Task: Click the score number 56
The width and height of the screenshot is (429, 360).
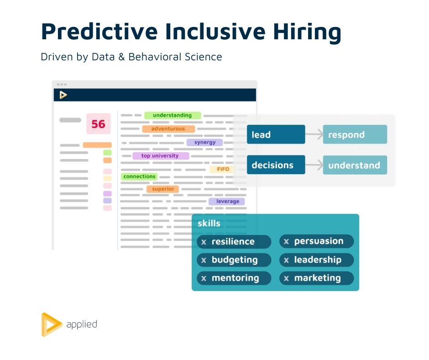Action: [98, 124]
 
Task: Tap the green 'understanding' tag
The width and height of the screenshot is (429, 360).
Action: [173, 115]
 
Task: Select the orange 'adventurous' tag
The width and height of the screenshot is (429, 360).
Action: [168, 129]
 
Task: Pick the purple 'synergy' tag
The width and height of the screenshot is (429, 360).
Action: [204, 142]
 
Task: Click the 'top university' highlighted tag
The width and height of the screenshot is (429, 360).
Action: [161, 156]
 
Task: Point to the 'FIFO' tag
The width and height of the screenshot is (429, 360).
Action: [223, 169]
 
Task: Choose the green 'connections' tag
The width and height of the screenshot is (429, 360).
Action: [139, 176]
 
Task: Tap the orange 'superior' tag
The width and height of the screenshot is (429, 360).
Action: [163, 189]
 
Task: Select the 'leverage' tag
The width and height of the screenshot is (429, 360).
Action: [227, 201]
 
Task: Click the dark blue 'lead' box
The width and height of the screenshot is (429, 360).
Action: [276, 134]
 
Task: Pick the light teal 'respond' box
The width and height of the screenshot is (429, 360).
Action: [355, 134]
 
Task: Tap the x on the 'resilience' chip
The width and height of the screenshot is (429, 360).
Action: [204, 242]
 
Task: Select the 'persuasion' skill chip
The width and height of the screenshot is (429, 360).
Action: [317, 241]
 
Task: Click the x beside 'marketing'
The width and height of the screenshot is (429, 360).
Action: [286, 279]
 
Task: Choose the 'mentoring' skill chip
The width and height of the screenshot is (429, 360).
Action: [234, 278]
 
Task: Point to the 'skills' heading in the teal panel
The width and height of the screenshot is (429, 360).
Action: [209, 223]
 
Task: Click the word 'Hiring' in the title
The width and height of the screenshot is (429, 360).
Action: [307, 32]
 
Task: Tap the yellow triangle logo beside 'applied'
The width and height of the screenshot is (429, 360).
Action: [51, 325]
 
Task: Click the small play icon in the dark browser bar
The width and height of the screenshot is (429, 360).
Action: [63, 95]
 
